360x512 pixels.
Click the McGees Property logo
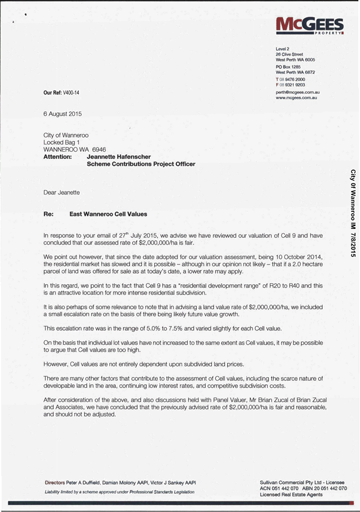(310, 26)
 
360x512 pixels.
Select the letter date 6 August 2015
(63, 114)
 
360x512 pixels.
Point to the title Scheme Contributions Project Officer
(141, 164)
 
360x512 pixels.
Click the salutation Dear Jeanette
(62, 192)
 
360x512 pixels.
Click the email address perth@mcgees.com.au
(298, 92)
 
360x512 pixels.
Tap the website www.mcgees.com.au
(296, 98)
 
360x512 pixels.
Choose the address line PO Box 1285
(288, 67)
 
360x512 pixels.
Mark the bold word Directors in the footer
(58, 482)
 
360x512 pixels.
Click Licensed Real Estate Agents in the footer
(291, 494)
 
